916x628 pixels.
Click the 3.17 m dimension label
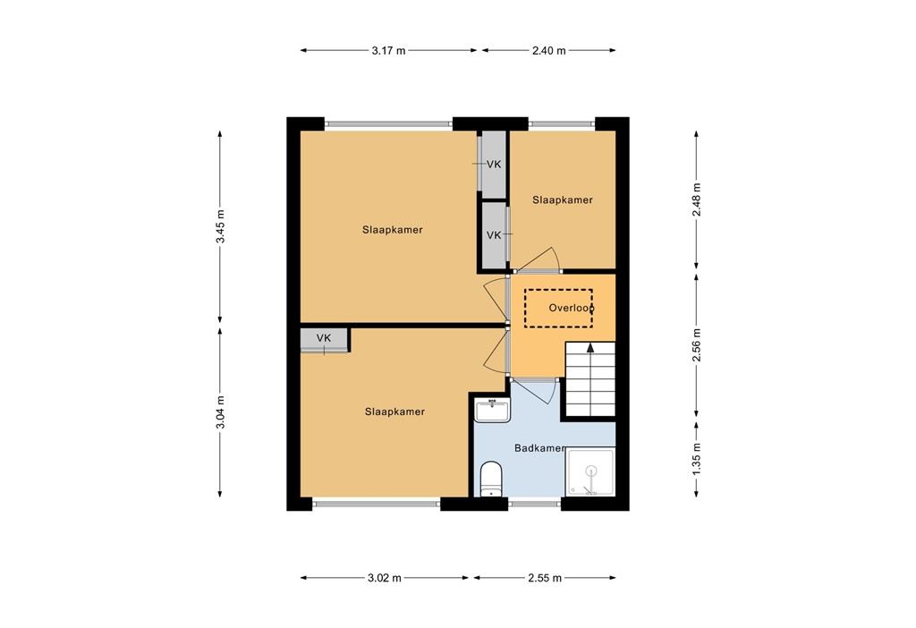pyautogui.click(x=388, y=51)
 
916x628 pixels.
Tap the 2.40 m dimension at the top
pyautogui.click(x=548, y=51)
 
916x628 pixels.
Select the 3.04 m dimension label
pyautogui.click(x=220, y=412)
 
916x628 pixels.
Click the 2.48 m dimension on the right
pyautogui.click(x=697, y=200)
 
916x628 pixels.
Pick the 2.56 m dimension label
pyautogui.click(x=697, y=344)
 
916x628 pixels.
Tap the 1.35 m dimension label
pyautogui.click(x=697, y=458)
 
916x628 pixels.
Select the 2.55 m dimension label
pyautogui.click(x=545, y=578)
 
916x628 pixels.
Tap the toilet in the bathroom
pyautogui.click(x=490, y=478)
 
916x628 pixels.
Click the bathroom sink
pyautogui.click(x=492, y=410)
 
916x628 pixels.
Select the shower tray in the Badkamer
pyautogui.click(x=590, y=471)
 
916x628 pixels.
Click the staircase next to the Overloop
pyautogui.click(x=590, y=380)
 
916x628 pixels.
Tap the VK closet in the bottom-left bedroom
pyautogui.click(x=324, y=339)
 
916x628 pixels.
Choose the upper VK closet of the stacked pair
pyautogui.click(x=493, y=165)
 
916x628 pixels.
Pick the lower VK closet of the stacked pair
pyautogui.click(x=493, y=235)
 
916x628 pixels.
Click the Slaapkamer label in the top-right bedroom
pyautogui.click(x=563, y=200)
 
